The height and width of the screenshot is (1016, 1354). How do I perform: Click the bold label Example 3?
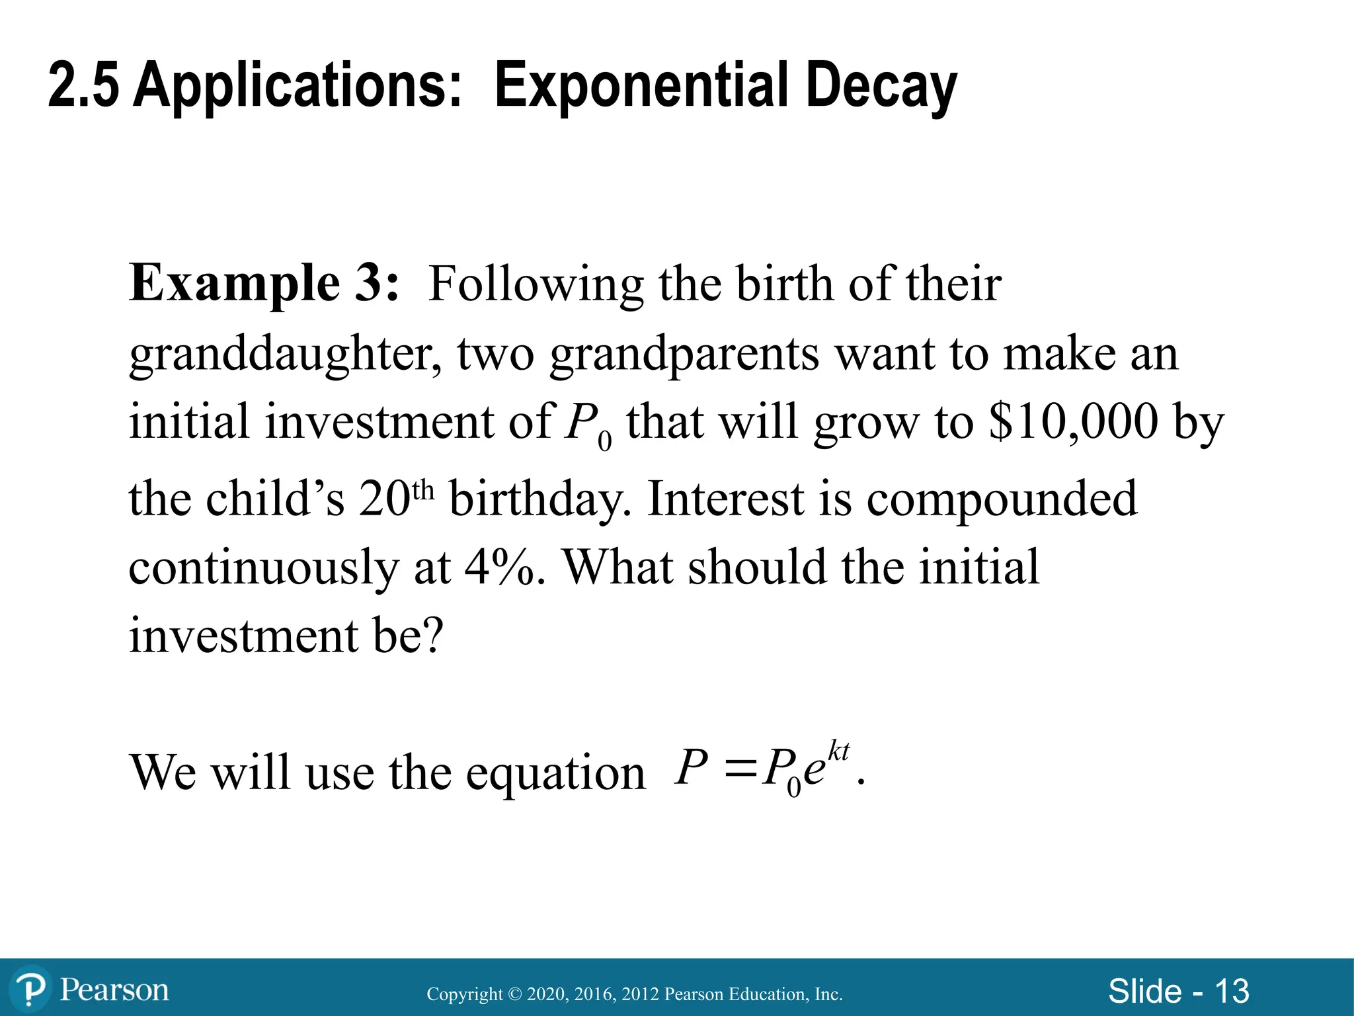[x=264, y=283]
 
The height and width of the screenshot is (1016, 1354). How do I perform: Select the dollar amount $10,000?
[x=1073, y=422]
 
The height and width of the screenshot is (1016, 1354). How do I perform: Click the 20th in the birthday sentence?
[x=396, y=497]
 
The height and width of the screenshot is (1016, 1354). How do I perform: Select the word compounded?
[x=1001, y=497]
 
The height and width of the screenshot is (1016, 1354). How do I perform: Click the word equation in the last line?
[x=555, y=773]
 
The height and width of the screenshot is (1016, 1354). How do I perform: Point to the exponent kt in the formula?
[x=838, y=752]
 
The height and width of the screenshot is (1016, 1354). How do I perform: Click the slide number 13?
[x=1232, y=991]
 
